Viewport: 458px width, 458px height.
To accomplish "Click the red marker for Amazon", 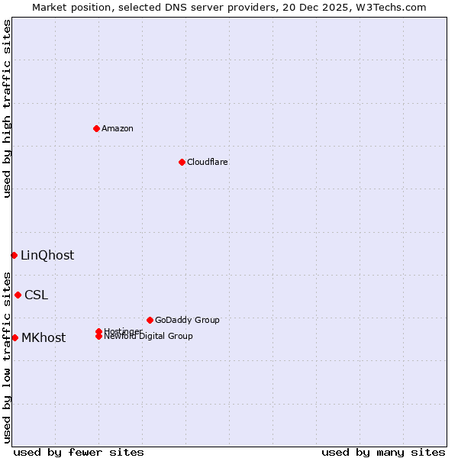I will point(96,128).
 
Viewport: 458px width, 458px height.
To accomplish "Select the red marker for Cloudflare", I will point(182,162).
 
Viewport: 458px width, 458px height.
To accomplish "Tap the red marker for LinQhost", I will point(14,255).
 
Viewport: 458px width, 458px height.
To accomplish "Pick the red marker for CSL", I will point(18,295).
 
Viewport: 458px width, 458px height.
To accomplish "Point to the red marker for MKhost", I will point(15,337).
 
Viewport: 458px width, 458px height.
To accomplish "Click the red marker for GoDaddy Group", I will point(150,320).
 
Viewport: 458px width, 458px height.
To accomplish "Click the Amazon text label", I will point(118,128).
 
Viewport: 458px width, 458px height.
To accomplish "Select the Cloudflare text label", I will point(208,162).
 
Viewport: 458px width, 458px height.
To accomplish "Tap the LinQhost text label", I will point(47,256).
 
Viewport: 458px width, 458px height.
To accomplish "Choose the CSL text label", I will point(36,295).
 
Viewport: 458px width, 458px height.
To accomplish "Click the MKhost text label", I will point(44,338).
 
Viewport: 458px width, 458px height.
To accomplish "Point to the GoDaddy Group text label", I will point(187,320).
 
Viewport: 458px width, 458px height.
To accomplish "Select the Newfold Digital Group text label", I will point(149,337).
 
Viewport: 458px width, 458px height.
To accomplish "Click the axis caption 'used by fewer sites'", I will point(79,452).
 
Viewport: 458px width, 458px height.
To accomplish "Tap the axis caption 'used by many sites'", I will point(383,452).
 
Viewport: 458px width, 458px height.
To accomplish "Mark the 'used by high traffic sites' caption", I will point(7,108).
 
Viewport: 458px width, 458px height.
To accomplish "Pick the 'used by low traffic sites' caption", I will point(7,356).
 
